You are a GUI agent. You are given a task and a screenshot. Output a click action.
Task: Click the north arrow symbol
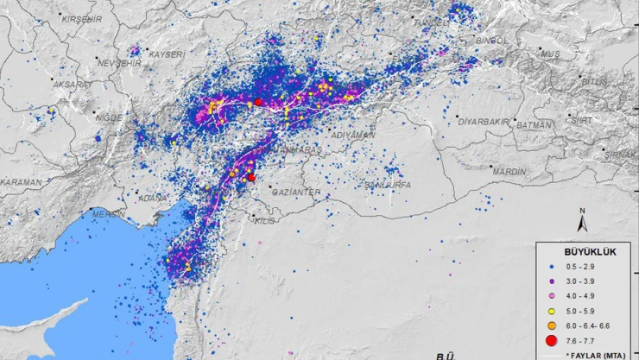coord(585,222)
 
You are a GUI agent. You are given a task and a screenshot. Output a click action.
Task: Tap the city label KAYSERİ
coord(166,54)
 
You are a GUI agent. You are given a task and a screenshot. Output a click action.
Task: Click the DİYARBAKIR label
coord(486,121)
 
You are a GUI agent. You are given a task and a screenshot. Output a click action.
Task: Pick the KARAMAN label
coord(21,182)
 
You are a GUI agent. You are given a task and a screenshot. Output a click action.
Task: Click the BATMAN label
coord(533,125)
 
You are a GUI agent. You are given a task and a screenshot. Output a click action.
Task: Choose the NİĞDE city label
coord(111,117)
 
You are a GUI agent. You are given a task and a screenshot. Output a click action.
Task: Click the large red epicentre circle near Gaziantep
coord(251,177)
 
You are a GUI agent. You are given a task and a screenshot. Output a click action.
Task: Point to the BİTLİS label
coord(595,81)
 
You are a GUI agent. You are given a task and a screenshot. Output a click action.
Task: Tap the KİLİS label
coord(264,221)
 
